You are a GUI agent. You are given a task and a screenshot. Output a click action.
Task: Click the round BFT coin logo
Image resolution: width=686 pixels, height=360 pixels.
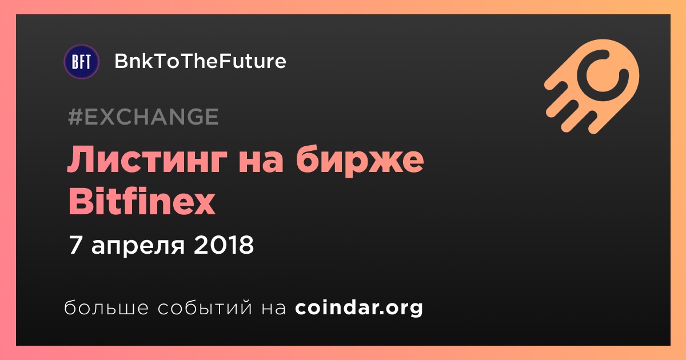point(81,62)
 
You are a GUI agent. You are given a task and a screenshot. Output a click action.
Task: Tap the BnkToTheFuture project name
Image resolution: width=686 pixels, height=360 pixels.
point(200,61)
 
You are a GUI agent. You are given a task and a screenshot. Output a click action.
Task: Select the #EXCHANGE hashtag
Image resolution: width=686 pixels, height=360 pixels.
point(143,117)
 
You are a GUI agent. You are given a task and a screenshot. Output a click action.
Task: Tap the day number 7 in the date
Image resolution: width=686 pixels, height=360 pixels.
point(75,245)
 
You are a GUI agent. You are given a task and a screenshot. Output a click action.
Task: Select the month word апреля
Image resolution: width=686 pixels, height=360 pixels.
point(138,247)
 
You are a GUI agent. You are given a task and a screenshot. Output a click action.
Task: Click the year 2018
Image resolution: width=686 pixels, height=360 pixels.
point(224,245)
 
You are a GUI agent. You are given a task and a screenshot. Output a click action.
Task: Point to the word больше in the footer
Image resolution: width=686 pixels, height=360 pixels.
point(106,307)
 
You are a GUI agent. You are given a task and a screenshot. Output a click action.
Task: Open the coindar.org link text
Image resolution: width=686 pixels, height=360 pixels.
point(359,308)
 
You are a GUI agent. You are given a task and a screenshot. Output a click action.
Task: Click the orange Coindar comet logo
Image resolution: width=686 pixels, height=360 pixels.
point(592,86)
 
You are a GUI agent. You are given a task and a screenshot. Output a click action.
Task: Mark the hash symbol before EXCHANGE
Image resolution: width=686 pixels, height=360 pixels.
point(75,117)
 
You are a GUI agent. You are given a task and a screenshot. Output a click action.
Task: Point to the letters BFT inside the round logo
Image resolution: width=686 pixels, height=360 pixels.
point(81,62)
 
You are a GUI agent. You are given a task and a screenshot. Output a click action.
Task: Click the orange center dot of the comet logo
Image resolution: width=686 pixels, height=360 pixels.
point(603,75)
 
